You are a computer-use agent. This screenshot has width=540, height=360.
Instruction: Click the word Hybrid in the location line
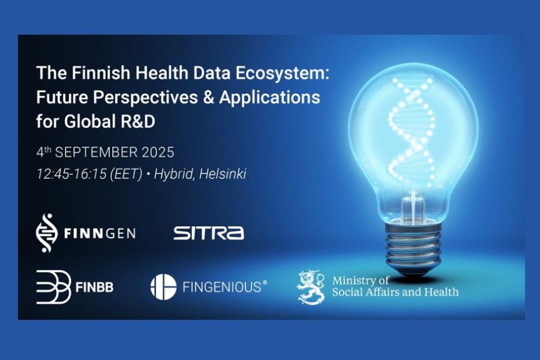173,174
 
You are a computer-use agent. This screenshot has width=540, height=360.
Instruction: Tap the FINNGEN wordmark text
100,232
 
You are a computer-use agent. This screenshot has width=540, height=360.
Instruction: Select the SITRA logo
208,233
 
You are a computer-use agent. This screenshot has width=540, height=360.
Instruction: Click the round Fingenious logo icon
163,287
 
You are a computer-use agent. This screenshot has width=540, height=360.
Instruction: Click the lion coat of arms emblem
311,287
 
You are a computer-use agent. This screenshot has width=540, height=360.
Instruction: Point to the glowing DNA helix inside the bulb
408,126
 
